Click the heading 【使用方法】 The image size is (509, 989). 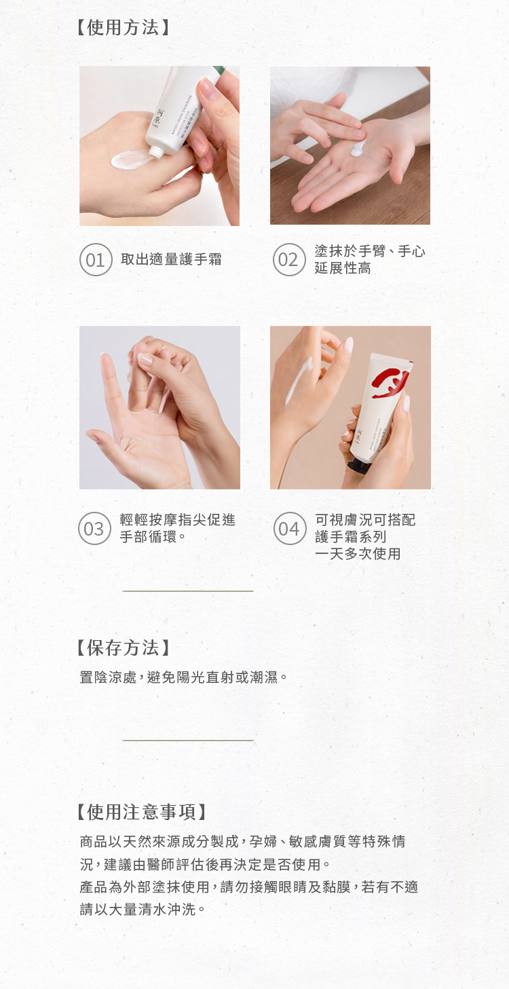[123, 27]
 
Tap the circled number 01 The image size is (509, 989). [96, 259]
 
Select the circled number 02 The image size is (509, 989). [289, 259]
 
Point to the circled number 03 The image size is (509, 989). [94, 529]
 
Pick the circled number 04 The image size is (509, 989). [290, 529]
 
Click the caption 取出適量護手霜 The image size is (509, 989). [171, 259]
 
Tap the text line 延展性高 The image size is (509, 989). [343, 268]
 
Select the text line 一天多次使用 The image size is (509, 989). [358, 554]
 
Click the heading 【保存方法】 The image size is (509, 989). [123, 648]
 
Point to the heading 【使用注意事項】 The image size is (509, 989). [141, 812]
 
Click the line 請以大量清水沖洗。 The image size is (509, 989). [143, 910]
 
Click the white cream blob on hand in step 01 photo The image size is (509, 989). [131, 159]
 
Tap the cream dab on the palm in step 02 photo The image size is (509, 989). [358, 148]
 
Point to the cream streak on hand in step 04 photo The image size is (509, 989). [299, 381]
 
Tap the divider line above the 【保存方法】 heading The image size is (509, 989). [188, 591]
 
